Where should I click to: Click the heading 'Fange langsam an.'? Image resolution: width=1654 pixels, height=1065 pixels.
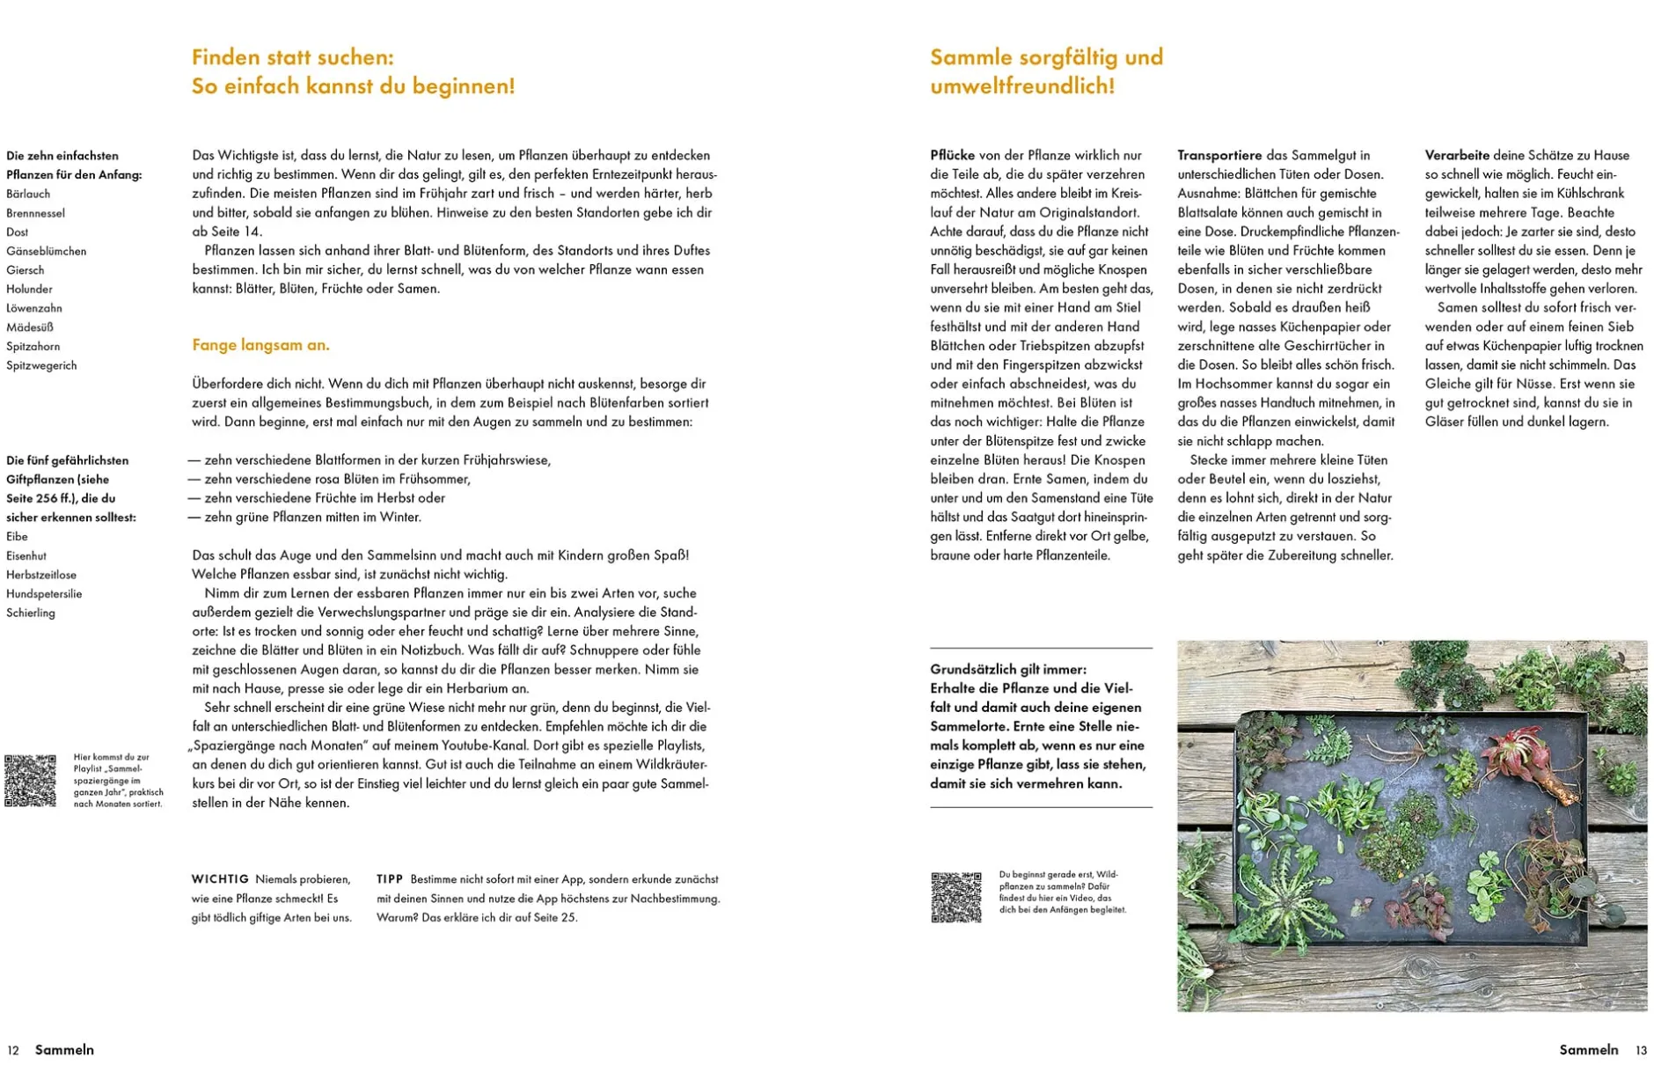pos(260,345)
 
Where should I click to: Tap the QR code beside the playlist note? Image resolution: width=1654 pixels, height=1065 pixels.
pos(30,780)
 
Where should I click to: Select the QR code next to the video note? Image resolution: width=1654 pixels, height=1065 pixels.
pos(955,897)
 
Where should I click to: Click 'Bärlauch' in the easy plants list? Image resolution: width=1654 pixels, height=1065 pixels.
pos(28,194)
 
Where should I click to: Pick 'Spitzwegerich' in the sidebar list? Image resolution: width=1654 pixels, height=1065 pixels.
pos(41,365)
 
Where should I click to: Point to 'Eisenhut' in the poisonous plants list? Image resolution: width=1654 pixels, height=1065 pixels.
pos(26,555)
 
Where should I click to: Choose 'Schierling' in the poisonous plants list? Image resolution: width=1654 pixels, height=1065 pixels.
pos(31,613)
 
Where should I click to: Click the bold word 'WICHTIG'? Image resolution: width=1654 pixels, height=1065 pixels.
pos(220,879)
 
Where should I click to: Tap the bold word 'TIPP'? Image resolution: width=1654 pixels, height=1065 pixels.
pos(390,879)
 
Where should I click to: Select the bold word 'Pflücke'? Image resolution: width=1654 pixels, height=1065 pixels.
pos(953,155)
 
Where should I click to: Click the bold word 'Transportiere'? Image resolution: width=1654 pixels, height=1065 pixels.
pos(1219,155)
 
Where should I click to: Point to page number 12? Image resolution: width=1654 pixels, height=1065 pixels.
pos(13,1050)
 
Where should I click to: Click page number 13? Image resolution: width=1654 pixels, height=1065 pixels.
pos(1641,1050)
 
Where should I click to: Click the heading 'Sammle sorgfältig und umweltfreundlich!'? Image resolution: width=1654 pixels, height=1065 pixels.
pos(1046,71)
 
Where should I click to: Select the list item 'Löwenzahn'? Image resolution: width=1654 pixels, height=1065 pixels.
pos(34,308)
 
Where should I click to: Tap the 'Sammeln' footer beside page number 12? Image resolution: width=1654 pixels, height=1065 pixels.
pos(64,1050)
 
